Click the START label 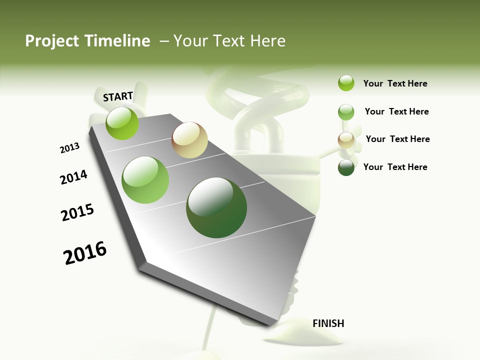pos(118,96)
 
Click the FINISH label pos(328,323)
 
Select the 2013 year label pos(69,148)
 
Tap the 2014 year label pos(73,177)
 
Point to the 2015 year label pos(77,212)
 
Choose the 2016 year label pos(85,253)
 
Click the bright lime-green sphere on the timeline pos(122,123)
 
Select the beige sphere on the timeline pos(189,140)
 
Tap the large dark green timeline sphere pos(216,207)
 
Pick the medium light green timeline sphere pos(145,180)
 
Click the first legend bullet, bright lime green pos(346,83)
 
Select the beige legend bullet pos(346,139)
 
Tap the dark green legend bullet pos(346,167)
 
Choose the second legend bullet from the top pos(346,112)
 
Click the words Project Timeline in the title pos(87,41)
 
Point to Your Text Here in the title pos(229,41)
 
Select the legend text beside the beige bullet pos(397,139)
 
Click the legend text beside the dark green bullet pos(395,167)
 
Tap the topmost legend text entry pos(395,83)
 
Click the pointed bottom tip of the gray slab pos(273,325)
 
